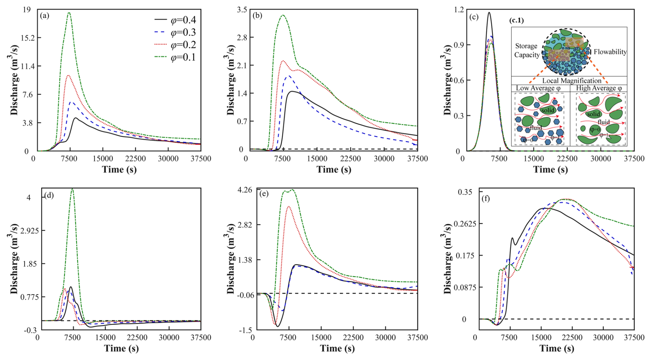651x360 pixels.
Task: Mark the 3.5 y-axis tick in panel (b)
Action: [242, 10]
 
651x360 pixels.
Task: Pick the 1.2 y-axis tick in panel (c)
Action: [455, 10]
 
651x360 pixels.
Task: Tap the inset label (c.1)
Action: [516, 20]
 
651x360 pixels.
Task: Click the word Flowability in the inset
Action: [610, 52]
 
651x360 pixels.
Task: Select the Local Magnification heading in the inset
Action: [572, 81]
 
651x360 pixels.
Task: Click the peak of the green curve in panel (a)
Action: [69, 13]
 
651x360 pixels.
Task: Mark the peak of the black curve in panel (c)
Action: [489, 13]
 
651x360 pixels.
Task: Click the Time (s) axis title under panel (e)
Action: [337, 348]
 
